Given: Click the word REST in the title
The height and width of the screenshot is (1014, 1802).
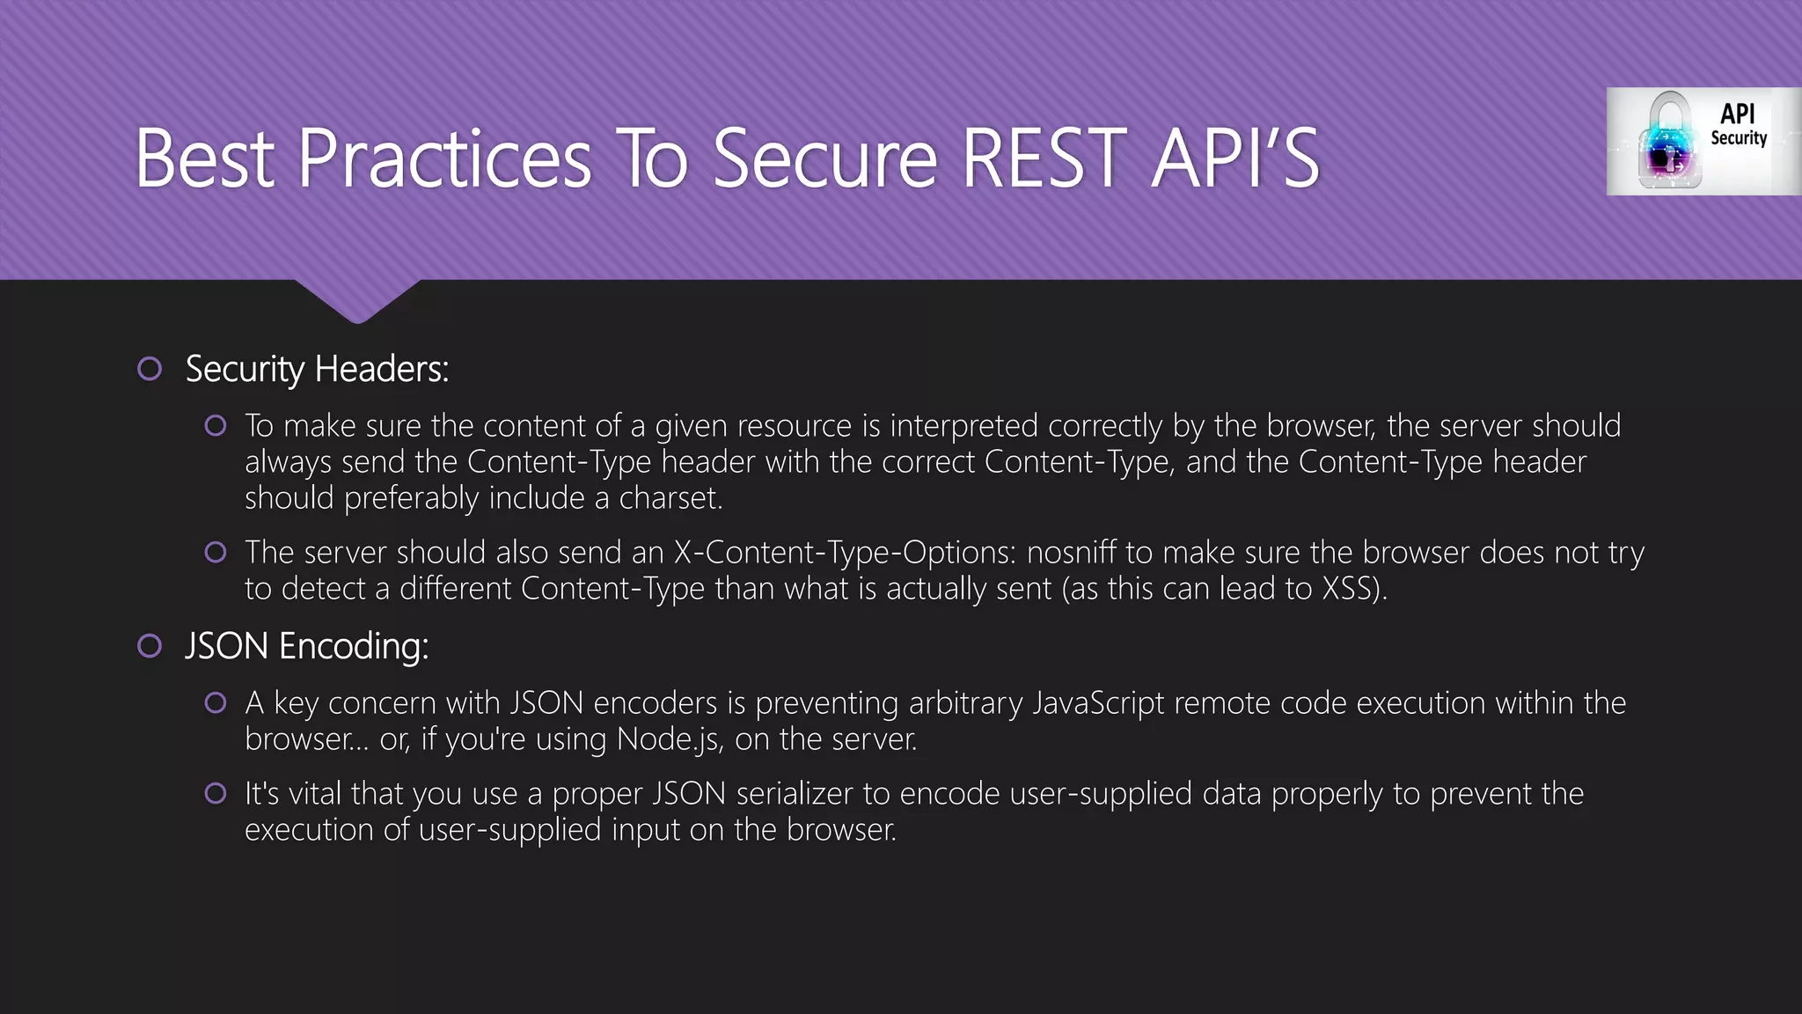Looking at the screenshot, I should (x=1044, y=158).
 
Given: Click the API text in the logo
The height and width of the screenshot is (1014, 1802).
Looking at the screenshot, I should (x=1737, y=114).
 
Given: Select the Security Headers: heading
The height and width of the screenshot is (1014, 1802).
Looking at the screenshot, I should (x=317, y=369).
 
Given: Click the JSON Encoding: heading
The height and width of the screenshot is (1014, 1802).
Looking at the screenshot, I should (x=306, y=646).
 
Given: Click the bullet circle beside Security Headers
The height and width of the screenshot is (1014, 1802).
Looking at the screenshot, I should (x=150, y=369).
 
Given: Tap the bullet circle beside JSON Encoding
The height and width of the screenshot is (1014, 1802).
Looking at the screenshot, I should (x=150, y=646).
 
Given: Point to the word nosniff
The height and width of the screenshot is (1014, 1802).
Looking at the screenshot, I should (x=1072, y=553).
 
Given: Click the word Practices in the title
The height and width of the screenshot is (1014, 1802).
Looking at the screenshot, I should (x=444, y=158).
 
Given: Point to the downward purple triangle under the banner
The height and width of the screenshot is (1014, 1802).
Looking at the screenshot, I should (x=357, y=299).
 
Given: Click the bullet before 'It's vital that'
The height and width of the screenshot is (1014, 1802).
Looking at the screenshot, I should (x=216, y=793).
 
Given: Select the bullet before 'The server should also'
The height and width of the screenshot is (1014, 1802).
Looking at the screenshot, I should (x=216, y=552).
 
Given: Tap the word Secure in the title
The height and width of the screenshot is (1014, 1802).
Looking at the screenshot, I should (x=825, y=158).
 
